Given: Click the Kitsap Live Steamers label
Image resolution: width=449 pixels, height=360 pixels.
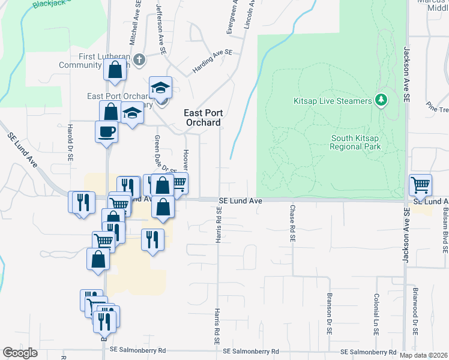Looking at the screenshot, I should click(x=332, y=101).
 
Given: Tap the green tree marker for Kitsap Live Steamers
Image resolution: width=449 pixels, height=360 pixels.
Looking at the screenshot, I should click(x=380, y=100).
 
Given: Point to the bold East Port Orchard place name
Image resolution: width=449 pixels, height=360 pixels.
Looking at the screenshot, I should click(x=202, y=117).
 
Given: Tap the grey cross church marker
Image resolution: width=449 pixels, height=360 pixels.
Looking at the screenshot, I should click(x=139, y=59).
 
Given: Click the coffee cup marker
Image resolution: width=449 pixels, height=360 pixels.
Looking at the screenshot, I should click(x=106, y=131).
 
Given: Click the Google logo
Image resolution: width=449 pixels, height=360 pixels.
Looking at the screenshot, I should click(x=20, y=353).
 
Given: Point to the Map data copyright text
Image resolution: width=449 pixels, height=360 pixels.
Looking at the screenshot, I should click(x=424, y=355).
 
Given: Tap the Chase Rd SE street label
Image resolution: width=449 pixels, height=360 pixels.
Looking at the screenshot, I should click(x=292, y=223).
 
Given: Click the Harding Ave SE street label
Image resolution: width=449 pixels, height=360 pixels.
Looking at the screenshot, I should click(x=212, y=62).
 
